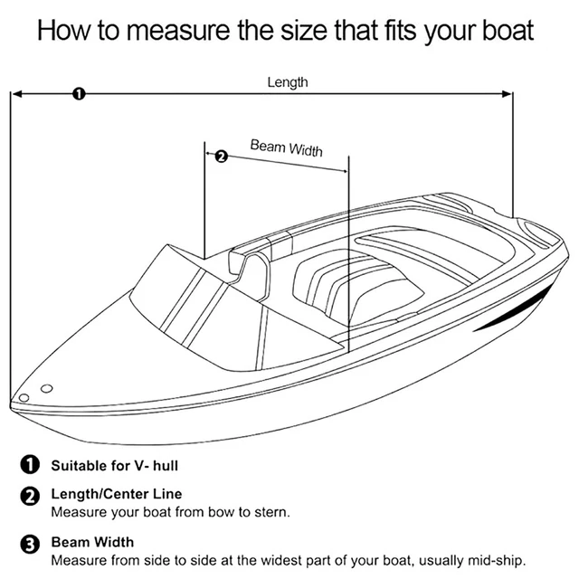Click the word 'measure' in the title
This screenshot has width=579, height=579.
178,31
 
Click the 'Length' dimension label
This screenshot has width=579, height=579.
288,82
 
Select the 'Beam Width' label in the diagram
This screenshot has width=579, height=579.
286,148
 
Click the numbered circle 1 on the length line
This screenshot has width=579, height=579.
79,94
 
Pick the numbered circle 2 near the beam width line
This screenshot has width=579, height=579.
221,157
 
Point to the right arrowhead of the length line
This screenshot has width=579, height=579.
507,94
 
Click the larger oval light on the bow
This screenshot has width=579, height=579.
46,388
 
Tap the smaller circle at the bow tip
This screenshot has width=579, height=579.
24,398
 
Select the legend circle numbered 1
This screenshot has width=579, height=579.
30,464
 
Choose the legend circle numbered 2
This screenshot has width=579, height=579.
30,496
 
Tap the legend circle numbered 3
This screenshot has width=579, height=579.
30,545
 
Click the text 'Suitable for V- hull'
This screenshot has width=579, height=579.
115,466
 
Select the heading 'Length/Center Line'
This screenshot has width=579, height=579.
117,494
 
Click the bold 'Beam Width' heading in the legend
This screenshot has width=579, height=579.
92,542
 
